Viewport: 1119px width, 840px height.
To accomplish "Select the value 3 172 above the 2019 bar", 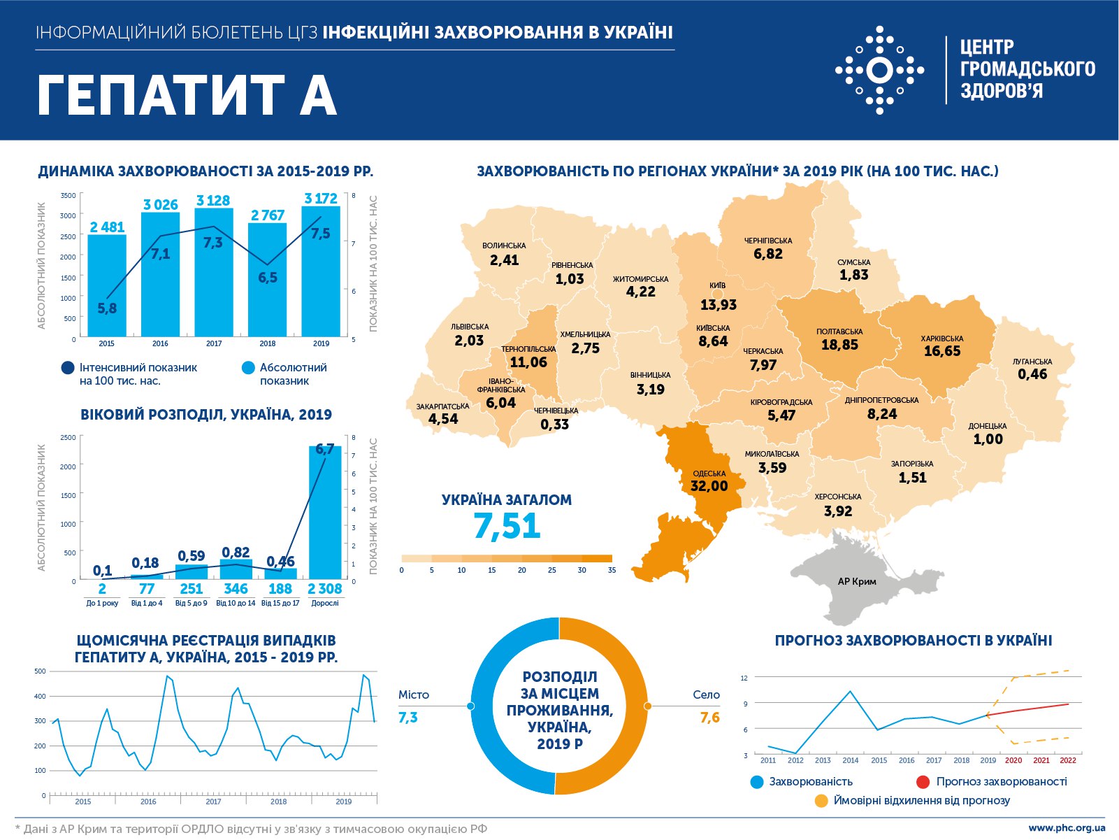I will tap(321, 199).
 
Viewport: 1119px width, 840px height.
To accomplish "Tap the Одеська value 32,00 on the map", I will tap(709, 486).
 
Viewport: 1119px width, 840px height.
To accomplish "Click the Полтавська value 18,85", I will tap(839, 345).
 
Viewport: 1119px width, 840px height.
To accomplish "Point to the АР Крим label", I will tap(857, 581).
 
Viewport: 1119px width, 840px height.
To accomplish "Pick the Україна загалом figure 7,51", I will tap(507, 526).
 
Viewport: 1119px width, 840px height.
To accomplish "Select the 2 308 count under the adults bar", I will tap(325, 589).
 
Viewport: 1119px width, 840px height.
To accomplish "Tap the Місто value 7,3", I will tap(408, 718).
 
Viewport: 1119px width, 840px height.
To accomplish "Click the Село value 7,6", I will tap(709, 718).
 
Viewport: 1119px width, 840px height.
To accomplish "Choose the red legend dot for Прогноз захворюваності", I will tap(923, 782).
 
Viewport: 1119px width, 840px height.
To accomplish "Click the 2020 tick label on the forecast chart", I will tap(1013, 760).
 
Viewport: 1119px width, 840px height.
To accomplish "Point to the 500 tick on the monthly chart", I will tap(40, 671).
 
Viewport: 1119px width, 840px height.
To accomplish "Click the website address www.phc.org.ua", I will tap(1067, 828).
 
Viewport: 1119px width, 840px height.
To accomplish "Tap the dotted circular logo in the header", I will tap(879, 70).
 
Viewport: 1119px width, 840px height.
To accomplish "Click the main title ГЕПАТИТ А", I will tap(187, 95).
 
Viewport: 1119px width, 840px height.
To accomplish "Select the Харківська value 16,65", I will tap(942, 351).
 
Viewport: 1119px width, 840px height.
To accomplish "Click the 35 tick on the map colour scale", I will tap(612, 570).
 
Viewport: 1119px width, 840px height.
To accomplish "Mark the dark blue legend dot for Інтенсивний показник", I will tap(68, 368).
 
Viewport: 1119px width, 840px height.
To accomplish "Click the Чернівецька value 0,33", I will tap(555, 425).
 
